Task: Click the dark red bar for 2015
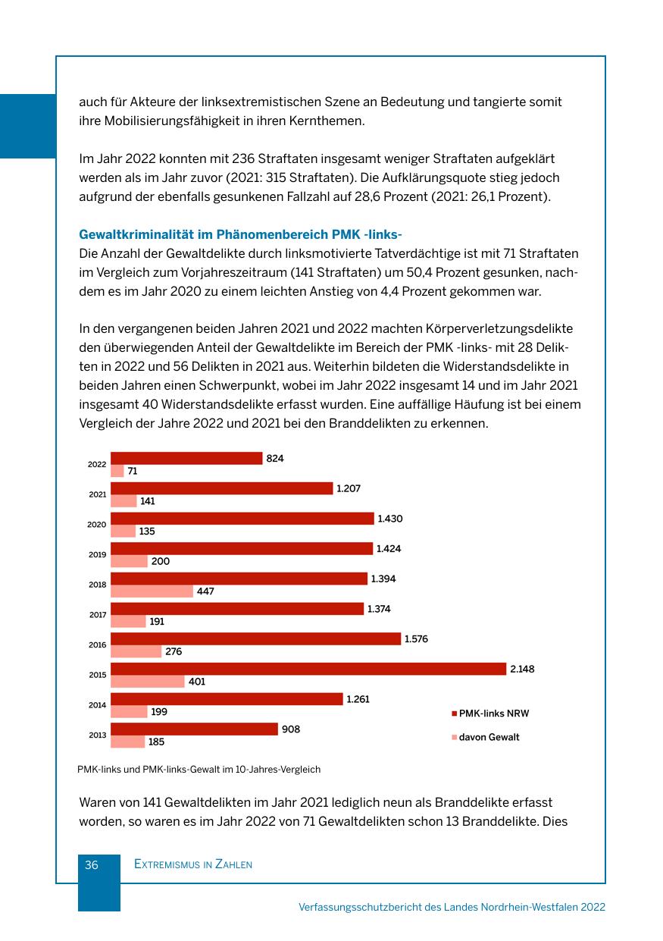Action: pyautogui.click(x=308, y=669)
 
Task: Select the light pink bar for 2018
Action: pyautogui.click(x=152, y=591)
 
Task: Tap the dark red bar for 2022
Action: pyautogui.click(x=186, y=458)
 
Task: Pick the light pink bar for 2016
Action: pyautogui.click(x=136, y=651)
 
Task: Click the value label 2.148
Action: pyautogui.click(x=522, y=669)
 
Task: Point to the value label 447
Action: pyautogui.click(x=205, y=591)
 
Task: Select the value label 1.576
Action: pyautogui.click(x=416, y=638)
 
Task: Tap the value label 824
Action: pyautogui.click(x=275, y=458)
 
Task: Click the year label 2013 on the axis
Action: pyautogui.click(x=97, y=736)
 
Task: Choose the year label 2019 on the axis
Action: pyautogui.click(x=97, y=555)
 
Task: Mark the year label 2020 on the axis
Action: pyautogui.click(x=97, y=525)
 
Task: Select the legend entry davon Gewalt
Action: pyautogui.click(x=489, y=737)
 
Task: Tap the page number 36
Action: pyautogui.click(x=92, y=864)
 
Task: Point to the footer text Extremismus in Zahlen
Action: pyautogui.click(x=192, y=864)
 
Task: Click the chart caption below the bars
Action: pyautogui.click(x=199, y=769)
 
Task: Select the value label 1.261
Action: pyautogui.click(x=358, y=699)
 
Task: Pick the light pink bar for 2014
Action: pyautogui.click(x=129, y=712)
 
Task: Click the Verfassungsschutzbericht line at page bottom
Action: pyautogui.click(x=452, y=907)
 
